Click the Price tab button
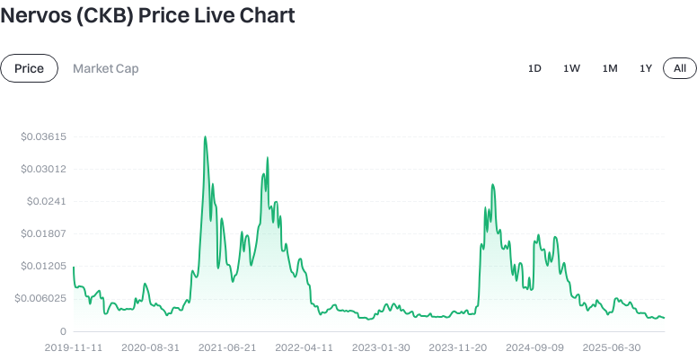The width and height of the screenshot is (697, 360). coord(30,68)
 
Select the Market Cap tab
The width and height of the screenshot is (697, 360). coord(105,68)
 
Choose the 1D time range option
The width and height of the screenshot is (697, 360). coord(534,68)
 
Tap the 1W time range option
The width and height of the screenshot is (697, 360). coord(571,68)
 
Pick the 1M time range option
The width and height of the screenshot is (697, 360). coord(610,68)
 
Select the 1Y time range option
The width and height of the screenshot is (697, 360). coord(645,68)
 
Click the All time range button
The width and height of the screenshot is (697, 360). coord(680,68)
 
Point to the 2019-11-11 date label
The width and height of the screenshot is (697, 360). coord(74,347)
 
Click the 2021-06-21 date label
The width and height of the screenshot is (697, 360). coord(227,347)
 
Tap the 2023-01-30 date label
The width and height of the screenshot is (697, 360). coord(381,347)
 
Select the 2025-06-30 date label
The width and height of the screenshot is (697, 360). coord(612,347)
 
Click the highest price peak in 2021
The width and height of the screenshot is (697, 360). coord(206,137)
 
